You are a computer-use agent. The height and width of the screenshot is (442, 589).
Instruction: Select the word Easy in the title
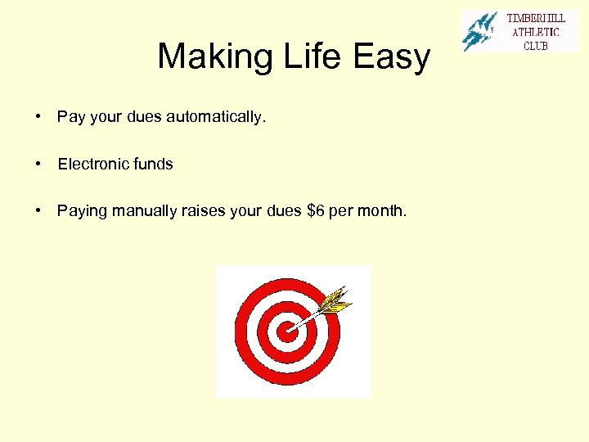tap(392, 57)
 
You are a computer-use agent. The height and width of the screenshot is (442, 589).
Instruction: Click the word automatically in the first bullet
tap(216, 117)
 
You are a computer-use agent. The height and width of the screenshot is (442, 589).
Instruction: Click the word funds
tap(153, 164)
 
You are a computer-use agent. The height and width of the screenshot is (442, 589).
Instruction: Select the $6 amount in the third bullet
tap(315, 211)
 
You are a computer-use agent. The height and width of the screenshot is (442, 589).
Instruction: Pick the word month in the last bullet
tap(382, 211)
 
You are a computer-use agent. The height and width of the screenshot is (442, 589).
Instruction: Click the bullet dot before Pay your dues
tap(39, 117)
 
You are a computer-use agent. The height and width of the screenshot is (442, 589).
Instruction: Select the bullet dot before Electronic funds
tap(39, 164)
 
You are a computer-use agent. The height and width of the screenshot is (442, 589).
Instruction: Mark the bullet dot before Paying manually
tap(39, 211)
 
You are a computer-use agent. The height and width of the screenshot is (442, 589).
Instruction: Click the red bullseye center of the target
tap(286, 331)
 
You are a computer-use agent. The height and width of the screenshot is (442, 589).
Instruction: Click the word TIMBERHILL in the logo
tap(536, 19)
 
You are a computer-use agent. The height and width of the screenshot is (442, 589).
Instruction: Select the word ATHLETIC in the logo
tap(536, 32)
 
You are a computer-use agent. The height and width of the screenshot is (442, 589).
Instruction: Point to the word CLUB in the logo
tap(536, 45)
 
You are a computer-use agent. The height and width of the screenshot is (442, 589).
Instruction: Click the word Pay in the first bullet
tap(71, 117)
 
